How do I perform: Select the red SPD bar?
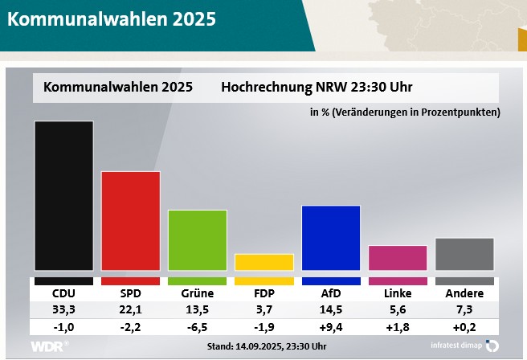(x=130, y=220)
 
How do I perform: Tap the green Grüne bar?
(x=197, y=239)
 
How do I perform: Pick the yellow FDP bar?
(x=264, y=262)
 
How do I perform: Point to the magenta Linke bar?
(x=398, y=257)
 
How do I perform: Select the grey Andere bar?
(x=464, y=254)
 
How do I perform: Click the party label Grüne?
(x=197, y=293)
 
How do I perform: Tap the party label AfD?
(x=331, y=293)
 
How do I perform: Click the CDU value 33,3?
(x=63, y=310)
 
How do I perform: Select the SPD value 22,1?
(x=130, y=310)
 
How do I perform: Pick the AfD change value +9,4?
(x=331, y=328)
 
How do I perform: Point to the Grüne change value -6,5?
(x=197, y=328)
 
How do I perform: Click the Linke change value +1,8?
(x=398, y=328)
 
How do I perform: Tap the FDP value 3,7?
(x=264, y=310)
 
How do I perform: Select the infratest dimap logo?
(x=459, y=346)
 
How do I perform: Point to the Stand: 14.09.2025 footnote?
(x=266, y=346)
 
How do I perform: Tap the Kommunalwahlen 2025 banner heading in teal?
(x=112, y=19)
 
